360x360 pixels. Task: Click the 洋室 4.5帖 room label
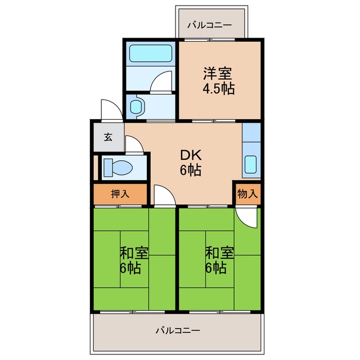pos(218,80)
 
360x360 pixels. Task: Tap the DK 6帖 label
pos(191,163)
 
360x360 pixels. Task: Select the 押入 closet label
pos(120,194)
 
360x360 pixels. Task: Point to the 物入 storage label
pos(247,194)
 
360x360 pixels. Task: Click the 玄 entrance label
pos(108,137)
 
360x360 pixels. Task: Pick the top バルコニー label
pos(210,25)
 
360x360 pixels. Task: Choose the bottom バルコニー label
pos(178,330)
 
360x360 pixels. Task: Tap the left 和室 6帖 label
pos(134,260)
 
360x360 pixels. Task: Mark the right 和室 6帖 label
pos(219,260)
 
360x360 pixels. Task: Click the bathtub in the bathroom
pos(151,53)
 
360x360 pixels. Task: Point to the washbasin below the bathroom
pos(137,107)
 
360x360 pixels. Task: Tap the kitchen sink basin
pos(250,164)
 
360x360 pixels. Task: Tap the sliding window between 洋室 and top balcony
pos(209,40)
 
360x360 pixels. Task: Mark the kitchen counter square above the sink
pos(251,133)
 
